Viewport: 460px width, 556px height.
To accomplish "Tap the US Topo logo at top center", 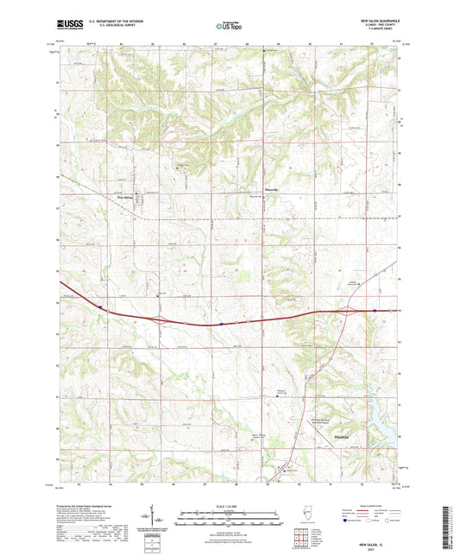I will pyautogui.click(x=229, y=27).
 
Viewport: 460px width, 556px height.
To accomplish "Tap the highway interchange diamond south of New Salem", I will pyautogui.click(x=159, y=319).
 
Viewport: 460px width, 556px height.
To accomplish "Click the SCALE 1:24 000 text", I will pyautogui.click(x=230, y=506).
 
